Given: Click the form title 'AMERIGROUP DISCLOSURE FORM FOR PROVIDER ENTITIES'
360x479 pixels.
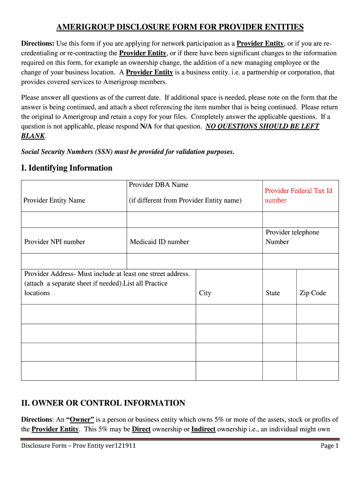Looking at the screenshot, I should tap(180, 27).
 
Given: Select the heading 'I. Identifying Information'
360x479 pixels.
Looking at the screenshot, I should tap(66, 168).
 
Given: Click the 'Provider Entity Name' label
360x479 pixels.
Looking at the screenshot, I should tap(54, 200).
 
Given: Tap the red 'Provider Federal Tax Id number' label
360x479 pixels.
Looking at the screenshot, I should tap(298, 196).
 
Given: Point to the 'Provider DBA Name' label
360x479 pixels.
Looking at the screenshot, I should tap(158, 185).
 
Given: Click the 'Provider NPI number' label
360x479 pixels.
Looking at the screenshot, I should tap(55, 242).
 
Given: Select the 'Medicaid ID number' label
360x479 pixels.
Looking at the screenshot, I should tap(159, 242).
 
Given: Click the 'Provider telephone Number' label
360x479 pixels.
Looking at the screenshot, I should tap(292, 237).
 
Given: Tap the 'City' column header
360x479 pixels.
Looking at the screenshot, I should tap(205, 293).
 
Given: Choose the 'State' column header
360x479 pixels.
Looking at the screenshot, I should tap(273, 293).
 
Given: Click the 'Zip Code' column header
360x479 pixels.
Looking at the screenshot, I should tap(312, 293).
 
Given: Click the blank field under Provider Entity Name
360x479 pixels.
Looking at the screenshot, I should tap(74, 219).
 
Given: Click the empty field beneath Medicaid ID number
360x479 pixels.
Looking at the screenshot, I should tap(194, 261).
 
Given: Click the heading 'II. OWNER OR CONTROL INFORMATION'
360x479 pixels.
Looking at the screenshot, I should tap(103, 403).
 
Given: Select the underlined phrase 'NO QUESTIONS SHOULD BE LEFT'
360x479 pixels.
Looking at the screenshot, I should tap(262, 126).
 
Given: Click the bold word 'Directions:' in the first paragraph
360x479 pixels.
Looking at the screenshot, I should tap(38, 44).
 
